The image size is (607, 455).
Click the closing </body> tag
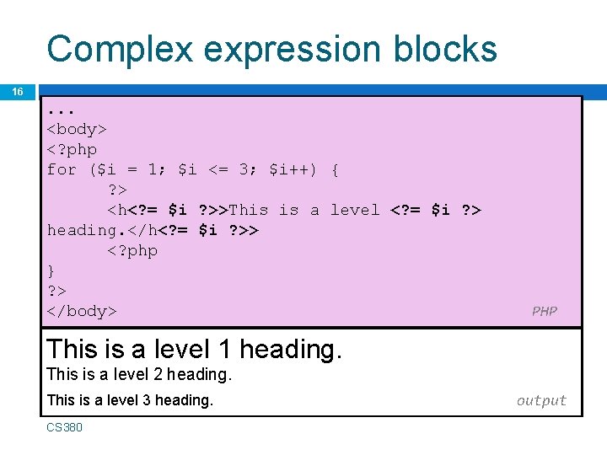pyautogui.click(x=82, y=311)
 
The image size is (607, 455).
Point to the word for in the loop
pyautogui.click(x=62, y=169)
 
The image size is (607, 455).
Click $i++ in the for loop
pyautogui.click(x=293, y=169)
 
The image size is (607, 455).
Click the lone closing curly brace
pyautogui.click(x=51, y=270)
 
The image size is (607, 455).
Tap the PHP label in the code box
pyautogui.click(x=544, y=311)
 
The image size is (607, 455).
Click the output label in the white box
pyautogui.click(x=541, y=400)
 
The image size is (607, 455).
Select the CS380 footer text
pyautogui.click(x=64, y=427)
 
